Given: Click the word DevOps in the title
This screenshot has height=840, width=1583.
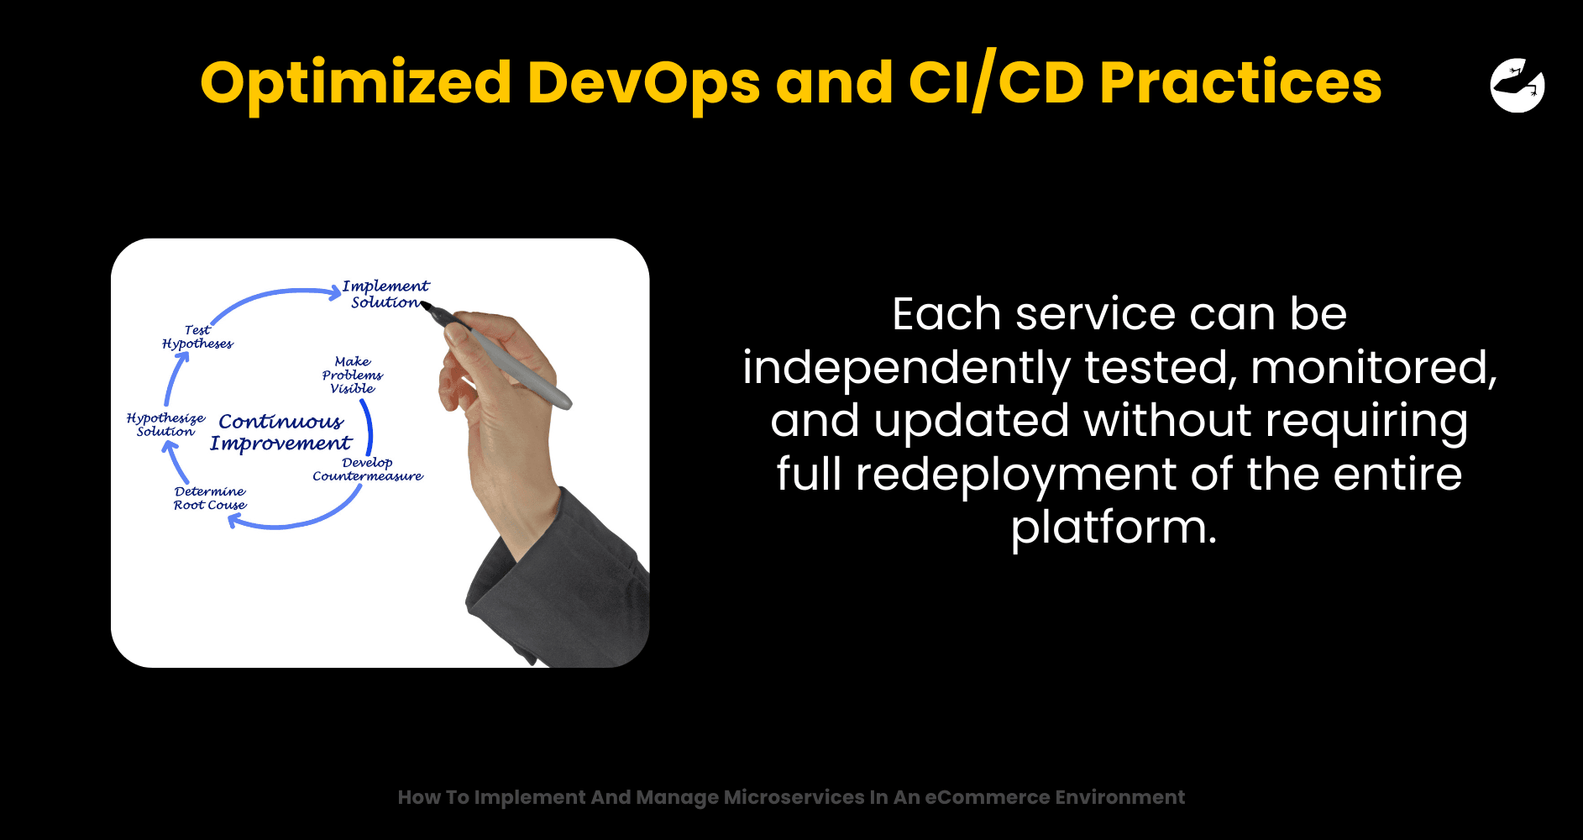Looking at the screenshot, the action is coord(643,83).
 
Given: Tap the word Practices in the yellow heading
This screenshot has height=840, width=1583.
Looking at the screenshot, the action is coord(1240,83).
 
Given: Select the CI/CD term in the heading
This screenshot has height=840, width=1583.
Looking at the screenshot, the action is coord(997,82).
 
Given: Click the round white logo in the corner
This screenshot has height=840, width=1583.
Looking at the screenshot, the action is coord(1517,85).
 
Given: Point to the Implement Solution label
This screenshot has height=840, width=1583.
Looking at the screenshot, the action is coord(386,294).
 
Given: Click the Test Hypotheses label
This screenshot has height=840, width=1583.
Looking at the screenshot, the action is coord(197,337).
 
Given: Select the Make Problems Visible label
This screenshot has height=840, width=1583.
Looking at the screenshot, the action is coord(353,375).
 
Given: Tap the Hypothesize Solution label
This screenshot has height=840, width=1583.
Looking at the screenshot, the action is coord(165,424).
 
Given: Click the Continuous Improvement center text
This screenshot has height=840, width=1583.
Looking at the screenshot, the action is coord(280,432).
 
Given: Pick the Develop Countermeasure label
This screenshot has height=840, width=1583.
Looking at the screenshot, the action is coord(368,469).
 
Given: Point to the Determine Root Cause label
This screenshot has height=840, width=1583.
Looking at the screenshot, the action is coord(210,497).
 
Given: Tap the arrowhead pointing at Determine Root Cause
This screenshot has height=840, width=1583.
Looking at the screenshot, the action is coord(236,522).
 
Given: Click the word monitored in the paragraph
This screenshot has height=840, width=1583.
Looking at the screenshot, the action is coord(1374,367).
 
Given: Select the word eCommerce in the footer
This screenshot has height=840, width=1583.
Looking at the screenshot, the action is coord(988,797).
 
